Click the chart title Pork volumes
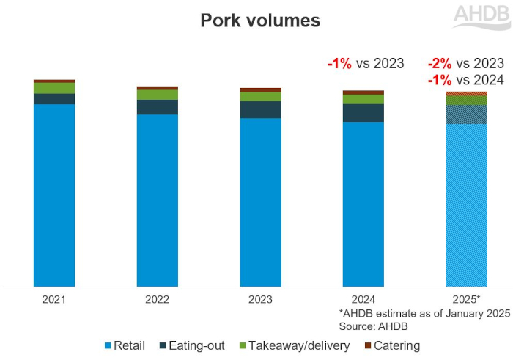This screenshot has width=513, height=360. pos(260,21)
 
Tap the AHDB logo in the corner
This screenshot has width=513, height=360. pos(481,16)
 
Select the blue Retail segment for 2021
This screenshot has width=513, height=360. pos(54,194)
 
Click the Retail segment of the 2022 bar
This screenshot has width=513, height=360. pos(158,199)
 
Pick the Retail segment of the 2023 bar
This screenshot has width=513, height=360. pos(261,202)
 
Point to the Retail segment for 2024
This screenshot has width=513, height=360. pos(363,204)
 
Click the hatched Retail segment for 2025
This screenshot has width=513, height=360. pos(467,205)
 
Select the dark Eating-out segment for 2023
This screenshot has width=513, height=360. pos(261,109)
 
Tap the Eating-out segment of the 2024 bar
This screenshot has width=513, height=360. pos(363,113)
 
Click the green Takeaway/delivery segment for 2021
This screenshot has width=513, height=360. pos(54,88)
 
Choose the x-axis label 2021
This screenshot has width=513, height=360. pos(54,300)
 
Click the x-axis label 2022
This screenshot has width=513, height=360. pos(158,300)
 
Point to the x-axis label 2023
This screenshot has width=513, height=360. pos(261,300)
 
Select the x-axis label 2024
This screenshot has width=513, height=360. pos(363,300)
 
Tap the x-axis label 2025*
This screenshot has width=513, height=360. pos(467,300)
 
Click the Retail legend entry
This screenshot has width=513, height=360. pos(125,345)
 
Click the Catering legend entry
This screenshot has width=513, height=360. pos(391,345)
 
